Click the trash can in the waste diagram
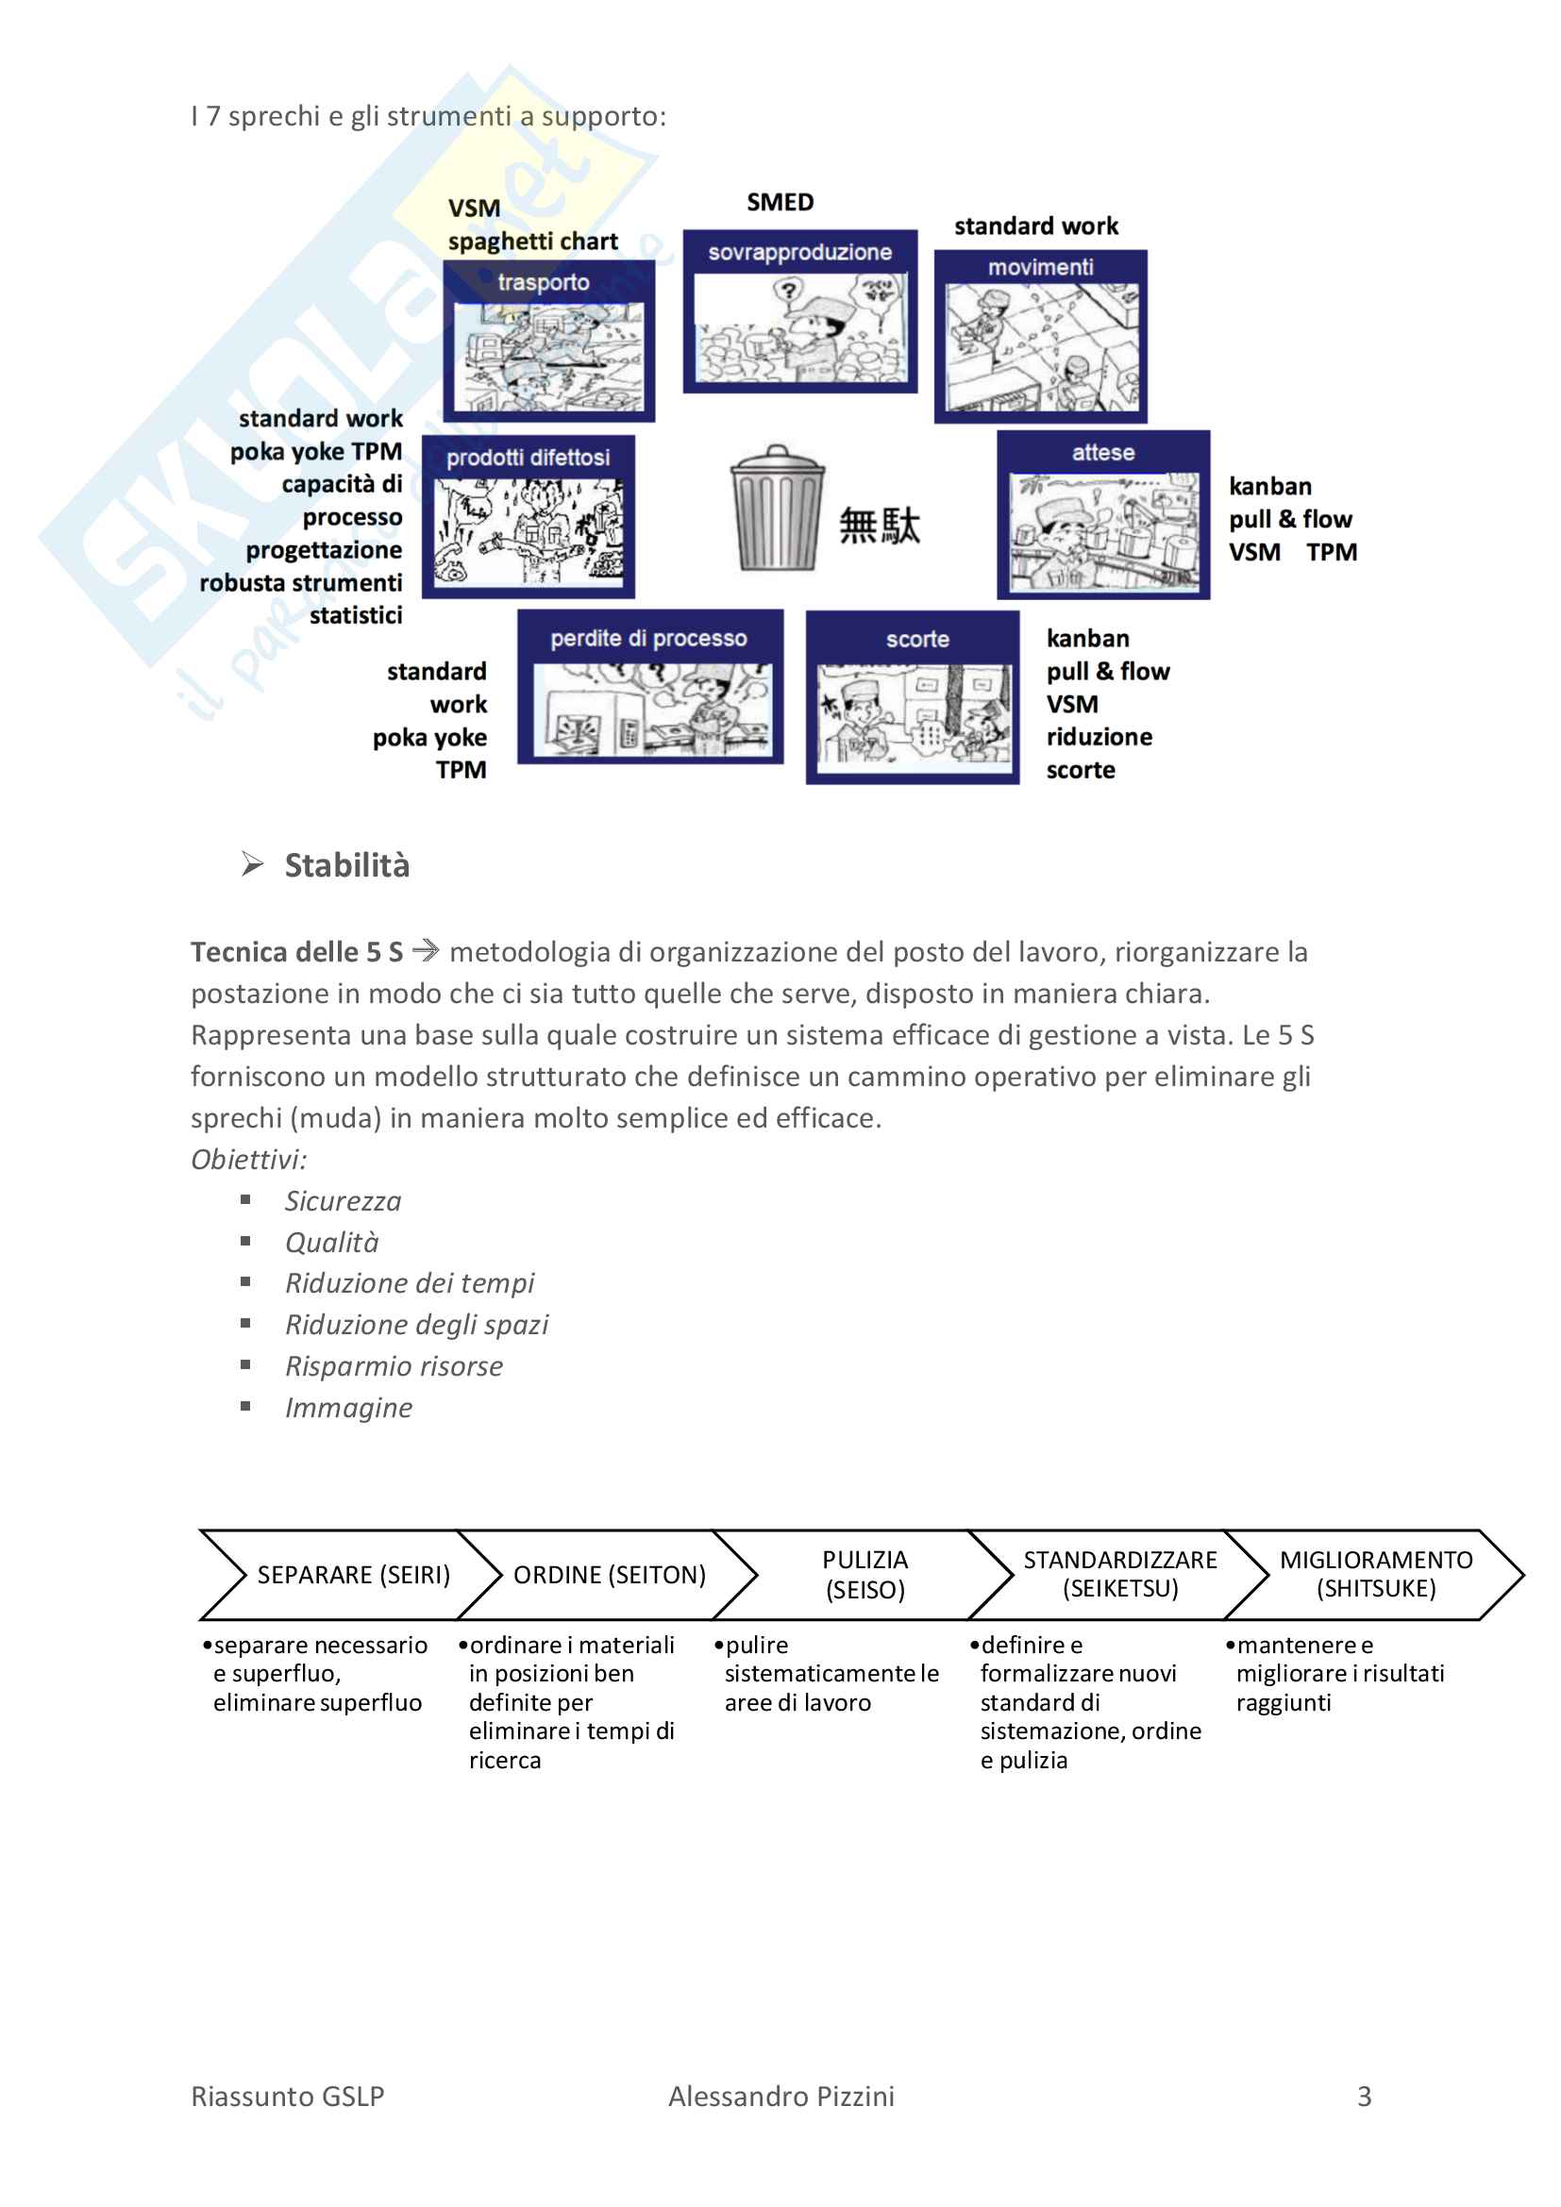[x=777, y=507]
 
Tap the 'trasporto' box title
[x=544, y=283]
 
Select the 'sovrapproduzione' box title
[x=799, y=252]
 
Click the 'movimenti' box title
[x=1040, y=267]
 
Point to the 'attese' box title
[x=1102, y=453]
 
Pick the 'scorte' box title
[x=917, y=639]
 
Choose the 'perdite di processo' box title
[x=648, y=638]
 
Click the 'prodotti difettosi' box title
[x=528, y=458]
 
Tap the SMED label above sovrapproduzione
[x=780, y=203]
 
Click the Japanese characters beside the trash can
[x=880, y=527]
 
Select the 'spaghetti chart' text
[x=532, y=242]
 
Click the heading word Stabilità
[x=347, y=865]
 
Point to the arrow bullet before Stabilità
[x=253, y=864]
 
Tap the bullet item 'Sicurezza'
[x=344, y=1200]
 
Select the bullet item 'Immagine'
[x=349, y=1407]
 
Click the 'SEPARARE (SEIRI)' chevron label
[x=354, y=1575]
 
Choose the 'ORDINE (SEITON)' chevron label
[x=610, y=1575]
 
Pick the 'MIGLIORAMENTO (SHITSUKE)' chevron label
[x=1375, y=1574]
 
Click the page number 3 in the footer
[x=1364, y=2097]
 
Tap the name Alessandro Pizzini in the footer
[x=781, y=2097]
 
